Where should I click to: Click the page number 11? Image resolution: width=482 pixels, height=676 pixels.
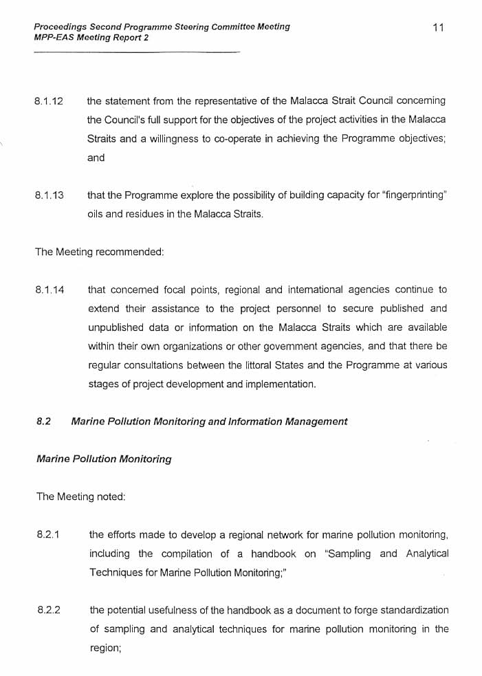439,28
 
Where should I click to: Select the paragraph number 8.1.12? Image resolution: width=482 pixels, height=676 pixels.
49,101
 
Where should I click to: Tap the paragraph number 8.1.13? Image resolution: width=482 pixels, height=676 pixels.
49,195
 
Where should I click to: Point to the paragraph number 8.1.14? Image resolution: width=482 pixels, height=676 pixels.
50,290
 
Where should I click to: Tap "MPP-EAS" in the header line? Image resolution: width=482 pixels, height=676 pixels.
54,37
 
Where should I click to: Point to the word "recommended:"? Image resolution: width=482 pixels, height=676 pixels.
130,252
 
